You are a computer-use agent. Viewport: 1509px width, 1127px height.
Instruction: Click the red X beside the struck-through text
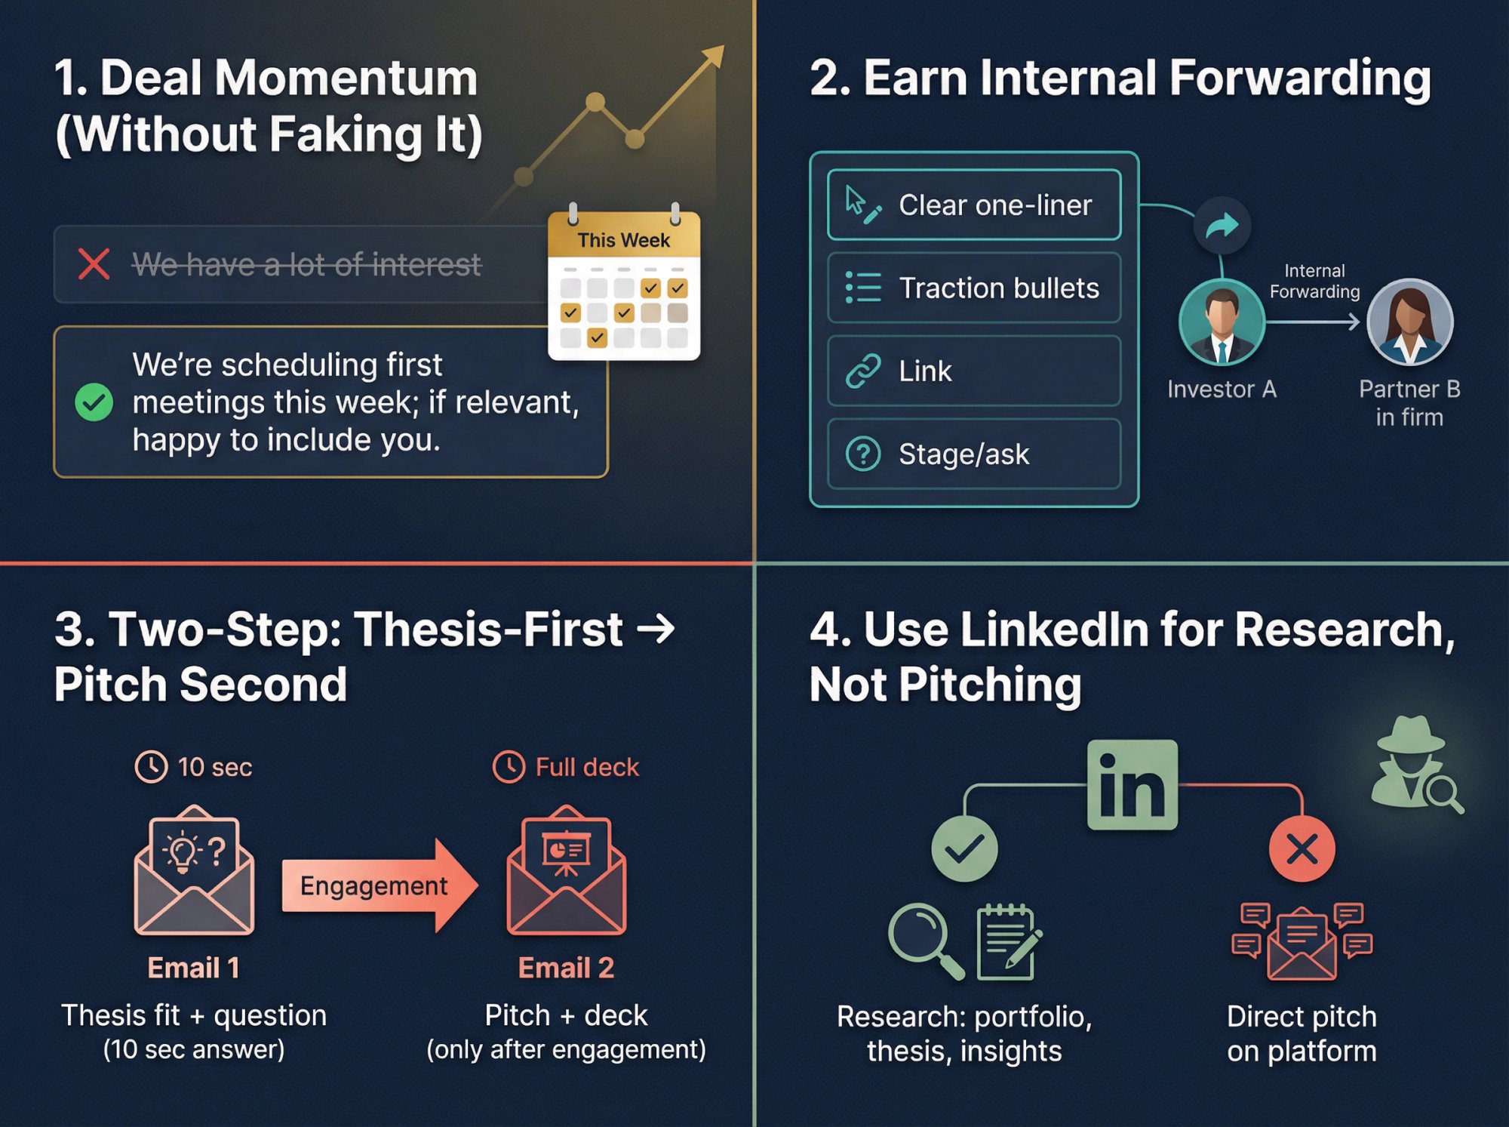[x=94, y=264]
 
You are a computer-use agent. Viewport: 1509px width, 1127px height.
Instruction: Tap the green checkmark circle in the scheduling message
[x=94, y=402]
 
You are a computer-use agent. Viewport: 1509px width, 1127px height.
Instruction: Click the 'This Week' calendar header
[x=623, y=240]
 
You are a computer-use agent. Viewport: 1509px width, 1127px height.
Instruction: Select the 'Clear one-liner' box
[x=973, y=205]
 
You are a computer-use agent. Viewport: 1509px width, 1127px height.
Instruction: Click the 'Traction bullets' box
[x=973, y=288]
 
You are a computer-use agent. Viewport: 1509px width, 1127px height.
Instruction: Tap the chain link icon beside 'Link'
[x=863, y=371]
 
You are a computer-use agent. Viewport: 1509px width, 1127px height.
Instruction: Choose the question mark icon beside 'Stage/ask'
[x=863, y=454]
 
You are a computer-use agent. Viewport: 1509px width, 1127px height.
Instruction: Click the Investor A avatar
[x=1222, y=322]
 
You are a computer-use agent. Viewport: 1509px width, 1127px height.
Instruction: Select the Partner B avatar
[x=1409, y=322]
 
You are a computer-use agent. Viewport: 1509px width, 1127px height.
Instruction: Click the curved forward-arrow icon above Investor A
[x=1222, y=225]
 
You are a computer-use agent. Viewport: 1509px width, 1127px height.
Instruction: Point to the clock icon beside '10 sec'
[x=151, y=767]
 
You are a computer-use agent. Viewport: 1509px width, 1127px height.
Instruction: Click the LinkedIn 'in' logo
[x=1132, y=785]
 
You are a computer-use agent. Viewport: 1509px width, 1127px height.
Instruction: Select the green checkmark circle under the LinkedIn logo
[x=964, y=849]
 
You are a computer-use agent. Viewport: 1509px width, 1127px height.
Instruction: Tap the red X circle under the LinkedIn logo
[x=1302, y=849]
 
